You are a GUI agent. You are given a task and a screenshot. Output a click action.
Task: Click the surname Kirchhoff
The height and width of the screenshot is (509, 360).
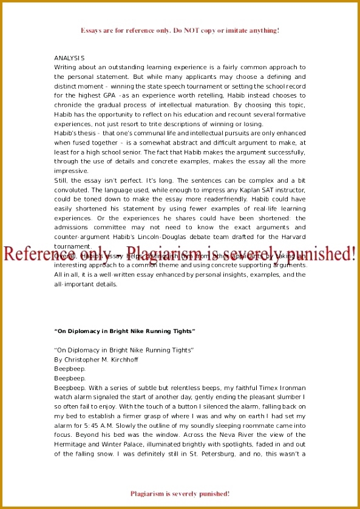[x=125, y=359]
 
